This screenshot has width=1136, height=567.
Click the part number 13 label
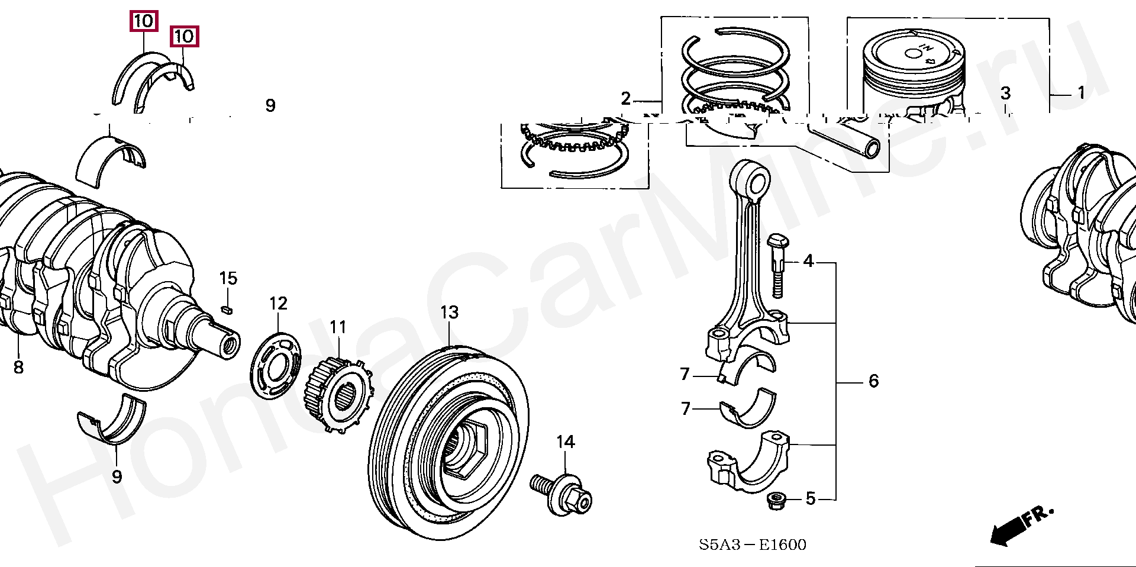449,312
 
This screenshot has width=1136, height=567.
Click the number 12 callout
278,304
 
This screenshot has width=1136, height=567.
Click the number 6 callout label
873,381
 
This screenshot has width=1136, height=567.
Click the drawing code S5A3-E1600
752,544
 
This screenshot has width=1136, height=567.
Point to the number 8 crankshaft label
18,367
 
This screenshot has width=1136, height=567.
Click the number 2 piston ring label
626,98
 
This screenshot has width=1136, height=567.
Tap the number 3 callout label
1005,93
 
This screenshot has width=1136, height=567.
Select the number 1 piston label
1081,93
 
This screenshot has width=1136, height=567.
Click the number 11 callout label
338,327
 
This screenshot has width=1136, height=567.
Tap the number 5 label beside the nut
810,499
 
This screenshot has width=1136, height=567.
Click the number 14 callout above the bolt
565,442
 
